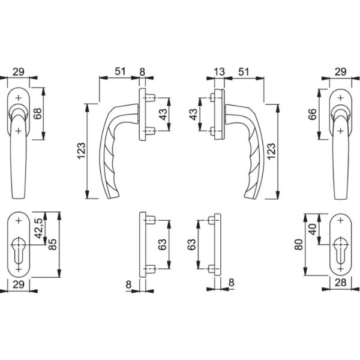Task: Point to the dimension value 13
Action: pyautogui.click(x=218, y=72)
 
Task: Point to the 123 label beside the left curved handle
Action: pyautogui.click(x=81, y=152)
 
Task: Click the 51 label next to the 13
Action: pyautogui.click(x=245, y=72)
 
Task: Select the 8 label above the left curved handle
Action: pyautogui.click(x=142, y=72)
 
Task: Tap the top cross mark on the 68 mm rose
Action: pyautogui.click(x=19, y=97)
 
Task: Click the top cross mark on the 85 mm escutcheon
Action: pyautogui.click(x=19, y=221)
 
